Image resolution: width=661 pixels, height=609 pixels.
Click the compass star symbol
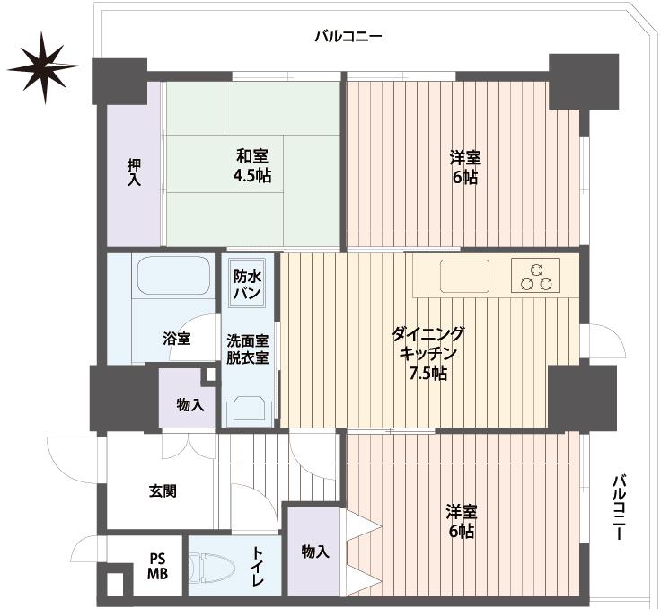(x=42, y=66)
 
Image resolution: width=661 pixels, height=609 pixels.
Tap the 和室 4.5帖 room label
(x=252, y=165)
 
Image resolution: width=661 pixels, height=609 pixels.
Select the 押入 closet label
(x=134, y=172)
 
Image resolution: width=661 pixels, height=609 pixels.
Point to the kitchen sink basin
(x=464, y=276)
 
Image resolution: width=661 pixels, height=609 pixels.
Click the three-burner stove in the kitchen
(x=535, y=275)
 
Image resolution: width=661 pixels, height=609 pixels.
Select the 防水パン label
(x=247, y=285)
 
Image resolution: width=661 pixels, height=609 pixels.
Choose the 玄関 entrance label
(x=162, y=491)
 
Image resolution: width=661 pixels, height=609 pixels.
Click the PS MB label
(x=157, y=566)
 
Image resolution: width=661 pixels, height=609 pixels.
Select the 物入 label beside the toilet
(x=314, y=551)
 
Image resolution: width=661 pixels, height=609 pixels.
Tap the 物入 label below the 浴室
(x=190, y=405)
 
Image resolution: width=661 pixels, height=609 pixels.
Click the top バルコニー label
(x=348, y=37)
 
